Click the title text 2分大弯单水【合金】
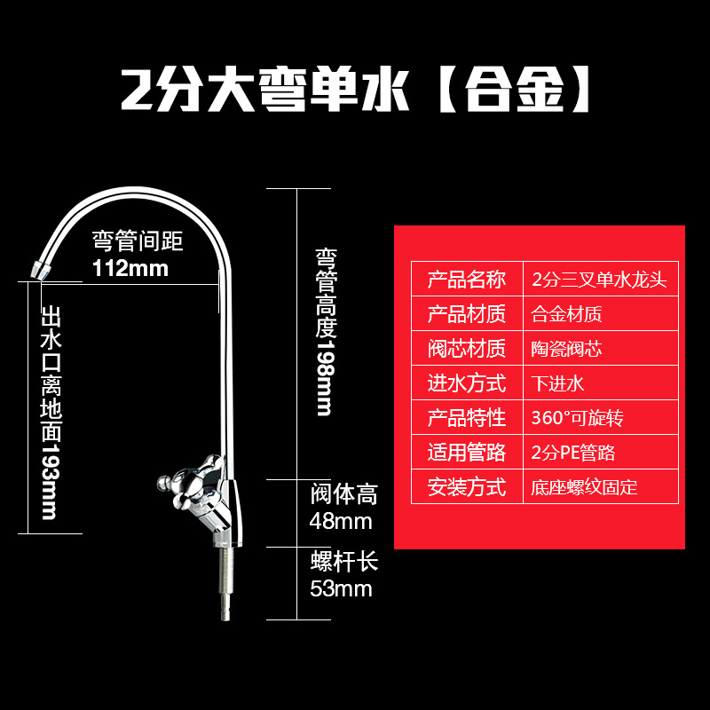[x=355, y=91]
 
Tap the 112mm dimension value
[x=130, y=268]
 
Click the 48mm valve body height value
[x=340, y=521]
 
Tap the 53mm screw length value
[x=340, y=588]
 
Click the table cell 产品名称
[x=467, y=280]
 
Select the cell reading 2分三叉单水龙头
[x=598, y=280]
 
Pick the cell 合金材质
[x=566, y=314]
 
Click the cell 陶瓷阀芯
[x=566, y=349]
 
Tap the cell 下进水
[x=557, y=383]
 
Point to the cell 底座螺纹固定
[x=584, y=487]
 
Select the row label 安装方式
[x=467, y=487]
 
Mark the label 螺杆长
[x=344, y=562]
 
